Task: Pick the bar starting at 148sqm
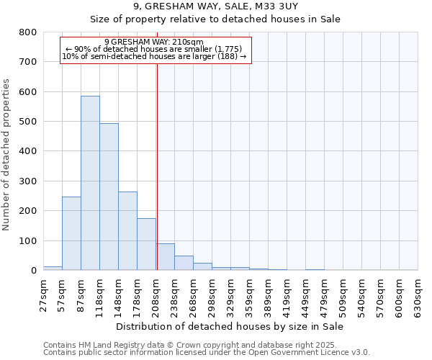point(127,230)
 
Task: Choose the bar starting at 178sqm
point(146,244)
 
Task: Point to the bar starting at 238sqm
point(184,263)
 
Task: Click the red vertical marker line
point(157,166)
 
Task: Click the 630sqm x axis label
point(418,293)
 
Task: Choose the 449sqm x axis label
point(306,293)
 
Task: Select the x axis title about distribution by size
point(230,327)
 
